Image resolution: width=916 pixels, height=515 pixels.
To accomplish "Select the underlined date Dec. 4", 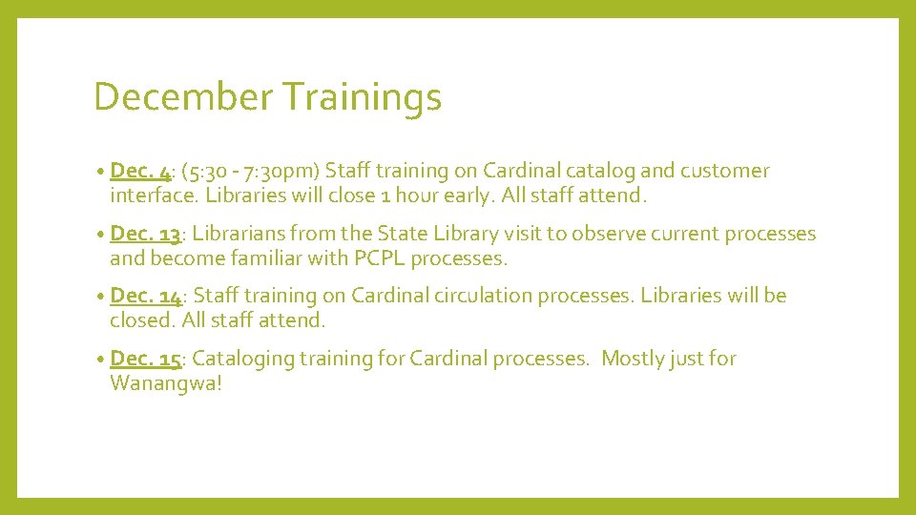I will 140,171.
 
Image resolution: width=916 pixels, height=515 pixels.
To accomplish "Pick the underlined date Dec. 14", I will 146,296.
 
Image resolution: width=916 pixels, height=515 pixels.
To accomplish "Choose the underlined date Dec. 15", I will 146,359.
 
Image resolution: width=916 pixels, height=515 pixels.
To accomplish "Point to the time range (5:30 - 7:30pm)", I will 249,172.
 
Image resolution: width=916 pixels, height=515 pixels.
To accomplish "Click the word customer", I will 724,171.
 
